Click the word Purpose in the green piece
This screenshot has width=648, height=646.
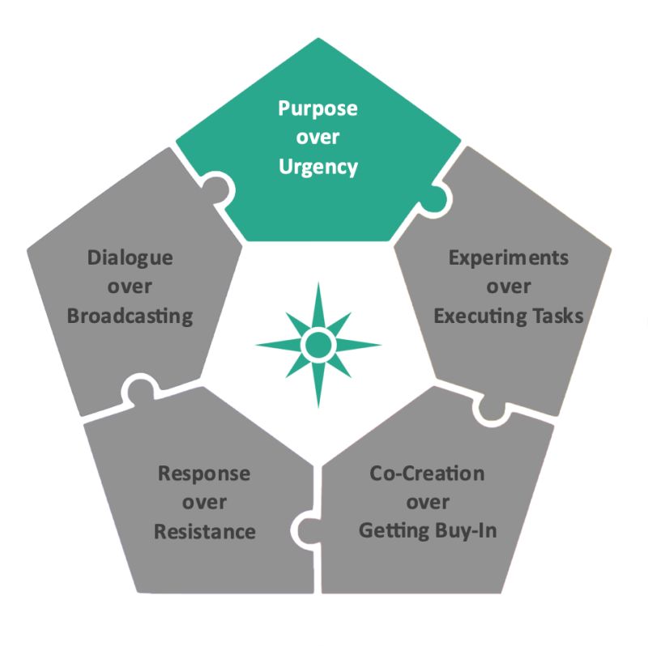click(x=318, y=108)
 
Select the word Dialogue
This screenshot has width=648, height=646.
click(x=130, y=258)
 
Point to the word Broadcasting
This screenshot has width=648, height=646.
click(x=130, y=315)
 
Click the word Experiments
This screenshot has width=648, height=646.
click(x=509, y=258)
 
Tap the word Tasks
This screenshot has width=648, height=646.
click(x=556, y=315)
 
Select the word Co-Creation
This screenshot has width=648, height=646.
click(x=427, y=473)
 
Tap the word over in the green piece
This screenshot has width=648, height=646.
click(x=318, y=138)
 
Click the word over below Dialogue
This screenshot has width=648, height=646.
click(x=130, y=287)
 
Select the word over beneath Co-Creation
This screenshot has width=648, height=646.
click(x=427, y=503)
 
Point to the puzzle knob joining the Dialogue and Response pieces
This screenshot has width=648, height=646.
click(x=139, y=389)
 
